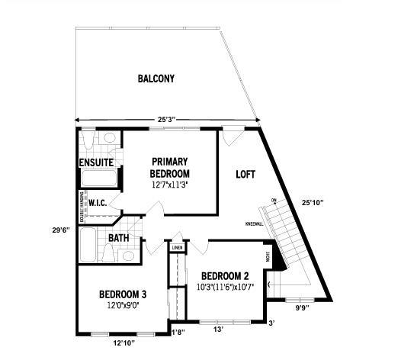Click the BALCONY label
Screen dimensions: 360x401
pos(156,79)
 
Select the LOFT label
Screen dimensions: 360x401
pos(245,174)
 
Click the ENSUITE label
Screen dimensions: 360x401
pos(96,162)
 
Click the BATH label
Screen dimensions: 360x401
pos(118,238)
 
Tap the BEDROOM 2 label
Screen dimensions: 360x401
pos(225,276)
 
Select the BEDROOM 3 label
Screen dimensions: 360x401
pos(123,294)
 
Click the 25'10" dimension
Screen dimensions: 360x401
pos(313,203)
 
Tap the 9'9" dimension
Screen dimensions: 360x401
pos(303,310)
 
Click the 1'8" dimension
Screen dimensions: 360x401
pos(178,332)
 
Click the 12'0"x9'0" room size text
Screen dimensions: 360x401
pos(123,307)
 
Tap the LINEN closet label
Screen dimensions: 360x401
pos(177,248)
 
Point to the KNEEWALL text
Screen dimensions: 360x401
pos(255,224)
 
